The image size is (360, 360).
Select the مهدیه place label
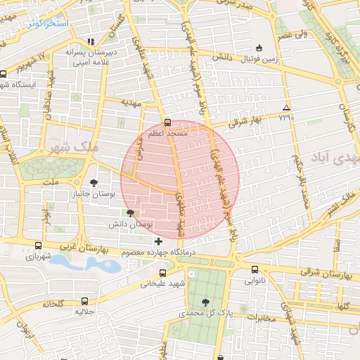point(131,103)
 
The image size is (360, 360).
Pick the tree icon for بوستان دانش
point(129,213)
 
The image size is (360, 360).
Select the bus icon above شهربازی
point(38,246)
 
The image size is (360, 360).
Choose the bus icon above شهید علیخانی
point(162,273)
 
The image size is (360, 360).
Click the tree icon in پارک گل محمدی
point(205,302)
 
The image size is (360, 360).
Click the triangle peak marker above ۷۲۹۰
point(285,108)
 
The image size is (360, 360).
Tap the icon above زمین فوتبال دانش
point(259,49)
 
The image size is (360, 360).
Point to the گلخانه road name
point(53,303)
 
